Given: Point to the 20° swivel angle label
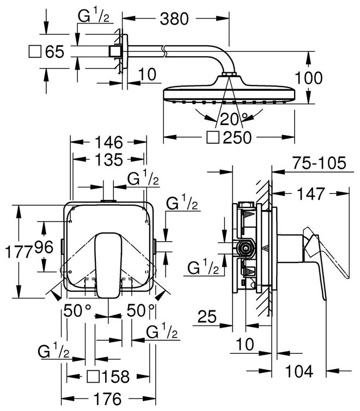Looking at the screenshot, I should click(233, 118).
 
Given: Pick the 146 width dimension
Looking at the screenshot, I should click(108, 144).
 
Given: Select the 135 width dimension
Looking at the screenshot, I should click(108, 160).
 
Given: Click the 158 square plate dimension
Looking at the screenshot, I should click(116, 377).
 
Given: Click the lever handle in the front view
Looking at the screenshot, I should click(107, 261).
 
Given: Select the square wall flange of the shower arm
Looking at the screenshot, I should click(114, 52).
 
